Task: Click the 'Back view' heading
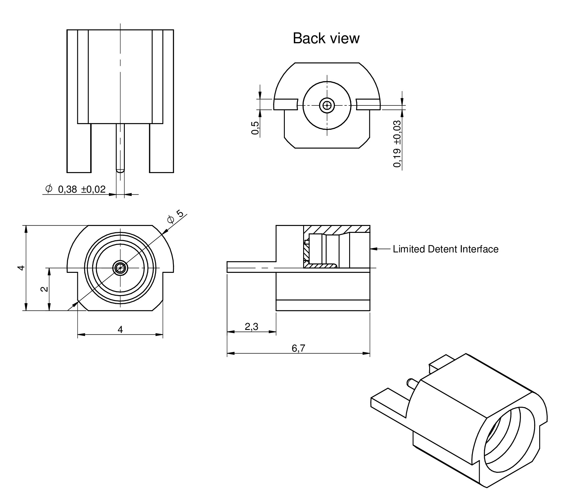click(326, 38)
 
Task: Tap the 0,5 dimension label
click(255, 128)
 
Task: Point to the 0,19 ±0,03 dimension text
click(397, 144)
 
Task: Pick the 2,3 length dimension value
click(251, 326)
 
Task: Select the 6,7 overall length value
click(298, 348)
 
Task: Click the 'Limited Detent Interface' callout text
click(445, 249)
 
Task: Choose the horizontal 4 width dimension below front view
click(120, 330)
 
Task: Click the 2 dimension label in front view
click(44, 289)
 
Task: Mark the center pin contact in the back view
click(327, 105)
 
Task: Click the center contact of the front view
click(120, 267)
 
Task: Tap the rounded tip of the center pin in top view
click(120, 171)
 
